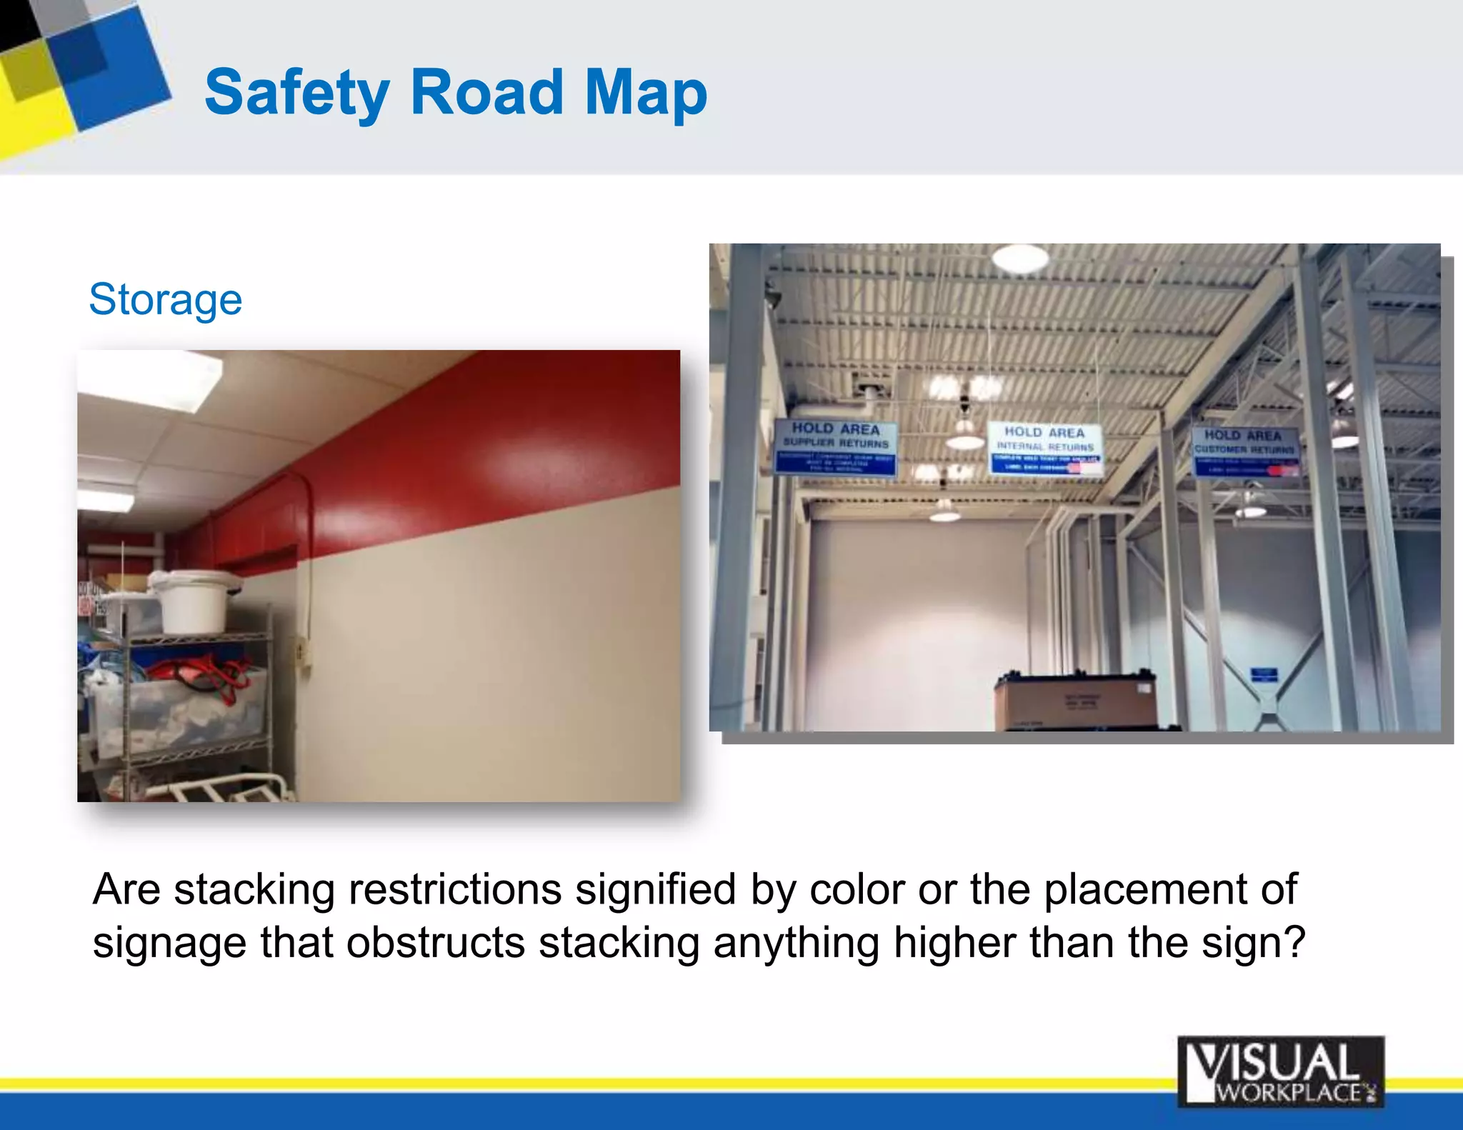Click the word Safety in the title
point(296,93)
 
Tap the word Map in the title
point(645,93)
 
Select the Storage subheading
point(165,299)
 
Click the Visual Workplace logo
point(1280,1071)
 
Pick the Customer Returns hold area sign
point(1244,451)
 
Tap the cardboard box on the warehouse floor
point(1075,700)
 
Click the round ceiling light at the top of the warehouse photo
point(1019,258)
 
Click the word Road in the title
point(486,93)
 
